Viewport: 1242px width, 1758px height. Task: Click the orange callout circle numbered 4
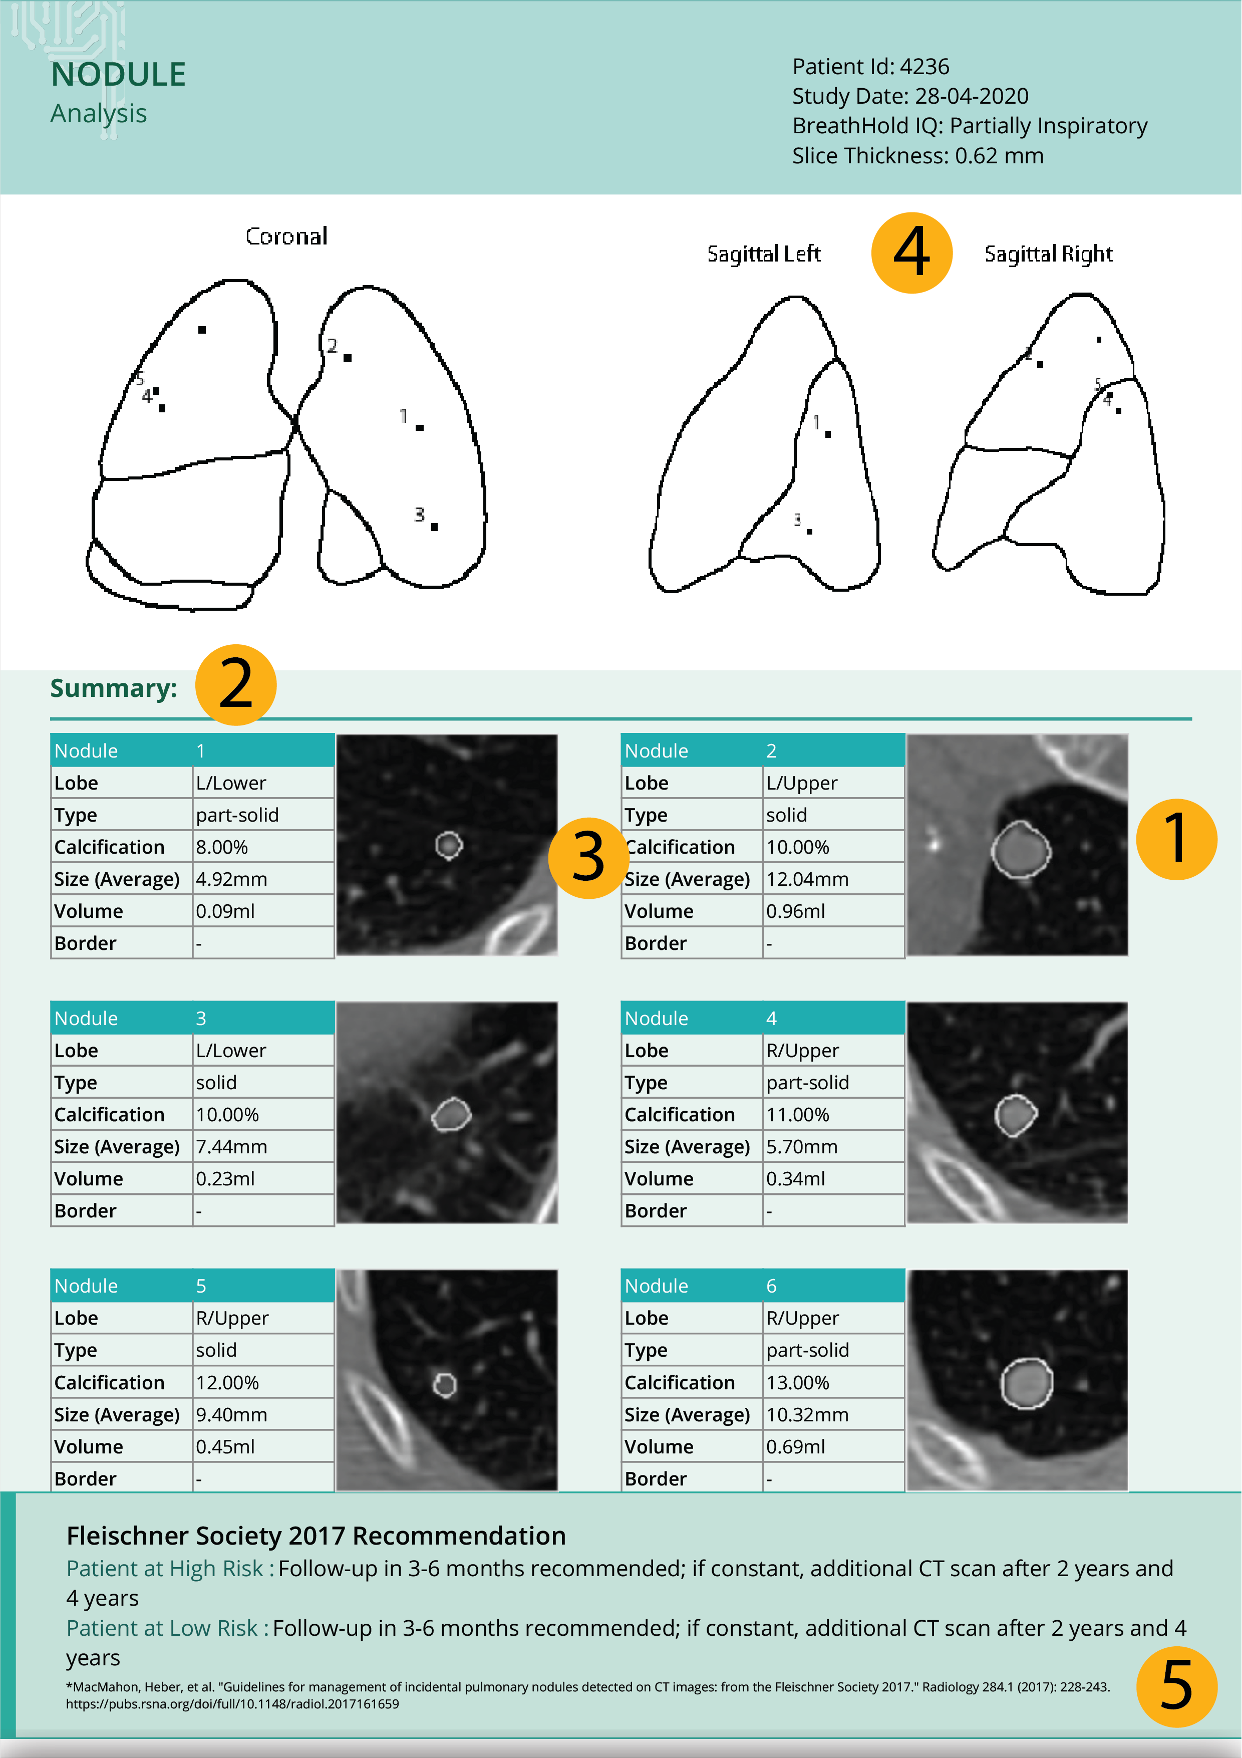911,253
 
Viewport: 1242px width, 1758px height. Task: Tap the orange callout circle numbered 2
236,684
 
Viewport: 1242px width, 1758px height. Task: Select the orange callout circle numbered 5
1176,1687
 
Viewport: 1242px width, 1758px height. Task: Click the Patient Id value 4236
924,67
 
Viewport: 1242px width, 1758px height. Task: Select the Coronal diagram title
286,236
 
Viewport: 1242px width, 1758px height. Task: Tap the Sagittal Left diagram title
764,254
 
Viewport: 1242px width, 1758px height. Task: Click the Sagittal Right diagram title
1048,254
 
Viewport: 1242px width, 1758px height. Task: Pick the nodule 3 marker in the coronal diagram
434,527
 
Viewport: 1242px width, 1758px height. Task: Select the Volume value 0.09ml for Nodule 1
225,911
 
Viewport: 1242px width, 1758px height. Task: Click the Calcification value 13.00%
797,1383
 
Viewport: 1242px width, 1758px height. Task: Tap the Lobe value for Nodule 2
802,783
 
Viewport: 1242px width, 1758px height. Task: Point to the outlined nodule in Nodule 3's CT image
451,1115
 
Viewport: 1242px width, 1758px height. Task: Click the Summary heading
113,688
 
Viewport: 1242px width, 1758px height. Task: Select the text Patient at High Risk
165,1569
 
